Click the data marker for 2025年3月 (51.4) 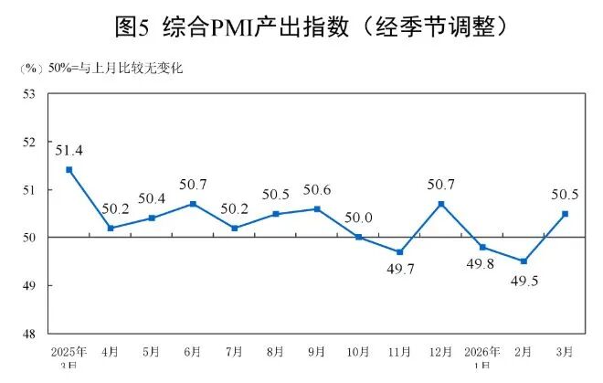click(69, 170)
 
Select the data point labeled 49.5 click(524, 261)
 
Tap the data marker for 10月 click(358, 238)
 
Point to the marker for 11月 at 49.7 click(399, 252)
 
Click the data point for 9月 click(317, 209)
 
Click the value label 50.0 click(359, 218)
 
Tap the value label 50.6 click(318, 190)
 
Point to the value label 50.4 click(152, 199)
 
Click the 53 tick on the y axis click(28, 94)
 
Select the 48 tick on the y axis click(28, 334)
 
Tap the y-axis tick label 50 click(28, 238)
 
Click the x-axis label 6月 click(193, 351)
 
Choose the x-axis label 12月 click(440, 351)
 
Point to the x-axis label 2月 click(524, 351)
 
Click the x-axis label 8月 click(276, 351)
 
